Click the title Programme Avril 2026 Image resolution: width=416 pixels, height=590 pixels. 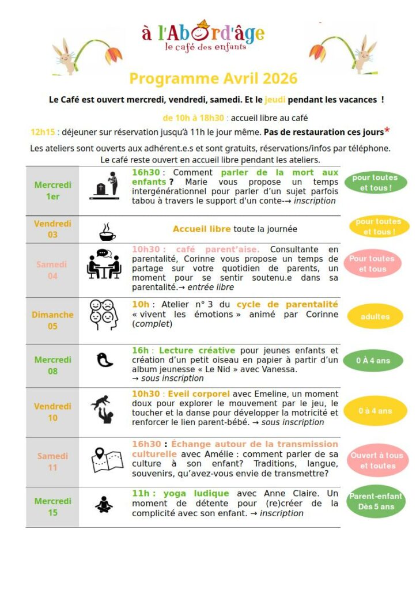(x=213, y=78)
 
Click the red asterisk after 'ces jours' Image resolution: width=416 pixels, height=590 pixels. (x=387, y=130)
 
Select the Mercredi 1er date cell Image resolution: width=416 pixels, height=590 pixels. (x=52, y=191)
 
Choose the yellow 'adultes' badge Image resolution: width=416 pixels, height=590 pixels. (x=375, y=316)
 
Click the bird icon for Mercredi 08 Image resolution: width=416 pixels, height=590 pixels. (x=105, y=360)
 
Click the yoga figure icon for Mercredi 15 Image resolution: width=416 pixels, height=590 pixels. (x=104, y=505)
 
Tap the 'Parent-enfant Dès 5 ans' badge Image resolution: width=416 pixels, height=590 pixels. (x=376, y=501)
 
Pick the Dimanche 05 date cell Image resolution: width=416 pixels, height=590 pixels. (x=52, y=320)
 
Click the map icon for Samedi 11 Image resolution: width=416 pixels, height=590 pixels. (x=107, y=460)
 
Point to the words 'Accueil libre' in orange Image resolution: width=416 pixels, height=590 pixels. (x=202, y=229)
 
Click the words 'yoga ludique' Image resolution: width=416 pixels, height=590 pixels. (x=196, y=493)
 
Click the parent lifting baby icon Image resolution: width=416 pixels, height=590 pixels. (x=104, y=409)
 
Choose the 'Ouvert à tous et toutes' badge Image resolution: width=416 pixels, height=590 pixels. (x=377, y=460)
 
